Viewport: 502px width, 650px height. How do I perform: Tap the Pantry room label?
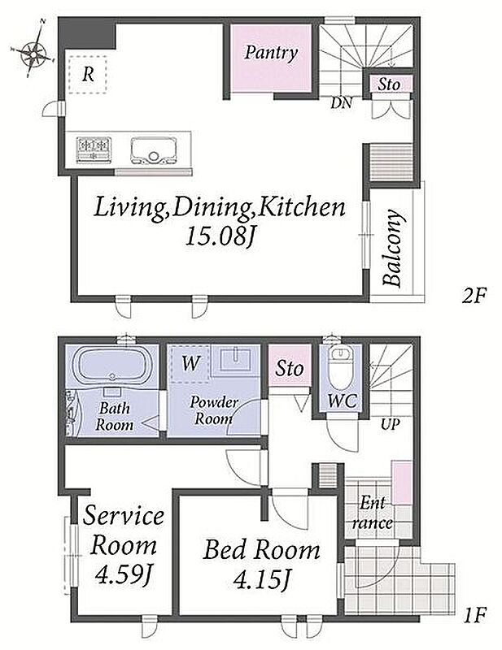click(271, 53)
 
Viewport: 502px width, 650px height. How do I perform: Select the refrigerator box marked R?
click(88, 75)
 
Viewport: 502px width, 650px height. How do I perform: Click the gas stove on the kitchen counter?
click(94, 149)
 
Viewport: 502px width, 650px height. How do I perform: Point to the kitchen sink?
click(152, 150)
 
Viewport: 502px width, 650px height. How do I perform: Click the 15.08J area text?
click(219, 236)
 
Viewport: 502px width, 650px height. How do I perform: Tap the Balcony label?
click(393, 249)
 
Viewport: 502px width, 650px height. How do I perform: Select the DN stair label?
click(341, 103)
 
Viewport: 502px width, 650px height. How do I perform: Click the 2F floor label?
click(474, 296)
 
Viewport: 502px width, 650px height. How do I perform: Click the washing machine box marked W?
click(190, 364)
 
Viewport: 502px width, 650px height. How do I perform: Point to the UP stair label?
click(390, 424)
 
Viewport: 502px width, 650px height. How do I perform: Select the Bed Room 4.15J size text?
click(260, 578)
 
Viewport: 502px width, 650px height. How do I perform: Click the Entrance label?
click(372, 513)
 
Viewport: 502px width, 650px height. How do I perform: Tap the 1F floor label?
click(474, 614)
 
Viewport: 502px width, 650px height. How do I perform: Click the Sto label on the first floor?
click(290, 368)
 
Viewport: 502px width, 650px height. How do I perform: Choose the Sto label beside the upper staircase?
click(389, 84)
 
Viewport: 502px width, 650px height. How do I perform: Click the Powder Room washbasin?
click(235, 359)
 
